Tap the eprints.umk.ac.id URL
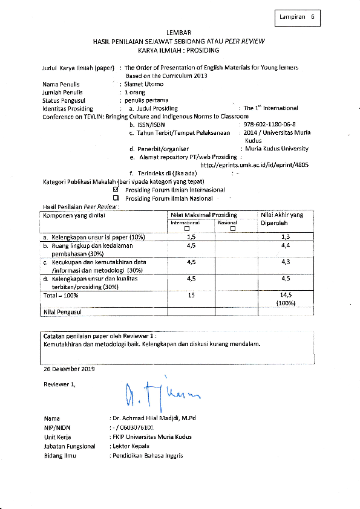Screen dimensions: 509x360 [254, 164]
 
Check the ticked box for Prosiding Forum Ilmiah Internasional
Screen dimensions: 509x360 [116, 190]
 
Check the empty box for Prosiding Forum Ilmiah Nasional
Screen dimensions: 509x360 [116, 198]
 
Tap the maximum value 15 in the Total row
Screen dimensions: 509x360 [191, 294]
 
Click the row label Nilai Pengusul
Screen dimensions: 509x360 [62, 311]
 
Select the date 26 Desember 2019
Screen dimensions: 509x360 [69, 368]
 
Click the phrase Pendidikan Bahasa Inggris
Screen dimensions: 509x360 [146, 455]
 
